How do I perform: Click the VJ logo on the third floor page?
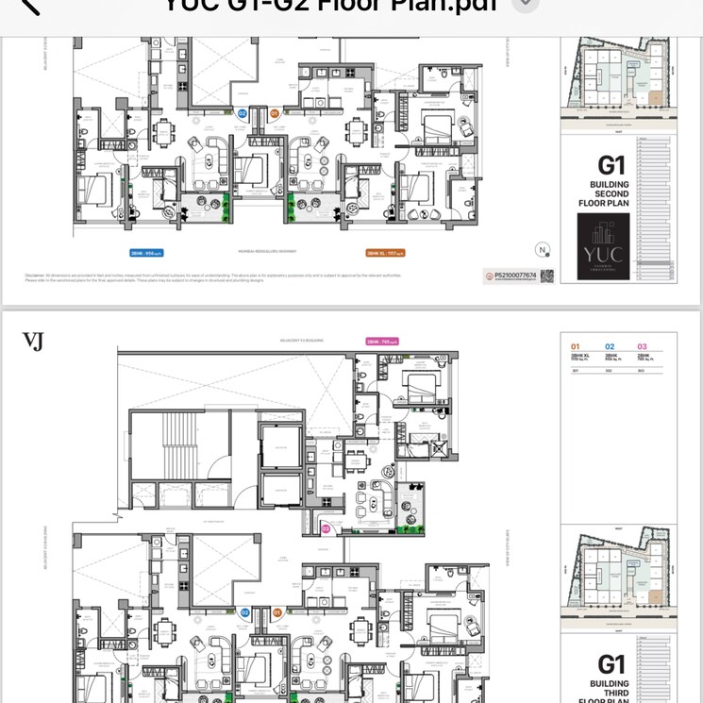click(x=33, y=341)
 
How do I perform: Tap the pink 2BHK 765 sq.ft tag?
click(x=382, y=342)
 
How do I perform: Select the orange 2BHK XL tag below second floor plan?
click(x=384, y=253)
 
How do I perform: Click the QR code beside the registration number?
click(x=545, y=276)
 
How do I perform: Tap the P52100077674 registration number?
click(x=513, y=276)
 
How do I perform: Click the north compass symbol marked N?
click(x=543, y=250)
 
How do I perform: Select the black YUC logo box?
click(x=604, y=246)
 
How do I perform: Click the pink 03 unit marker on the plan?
click(x=326, y=529)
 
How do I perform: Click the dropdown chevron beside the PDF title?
click(x=526, y=4)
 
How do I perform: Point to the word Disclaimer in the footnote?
click(x=36, y=276)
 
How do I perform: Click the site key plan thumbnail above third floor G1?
click(x=618, y=577)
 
